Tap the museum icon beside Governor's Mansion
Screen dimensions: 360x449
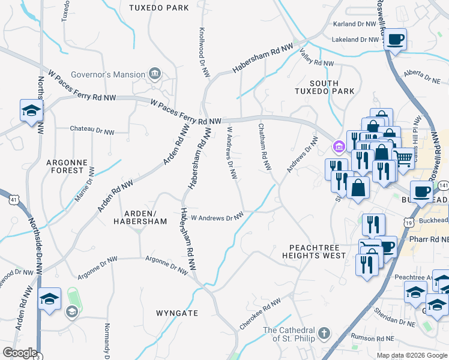155,74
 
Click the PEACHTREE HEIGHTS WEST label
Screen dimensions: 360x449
317,251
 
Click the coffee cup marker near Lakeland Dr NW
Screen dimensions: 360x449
395,40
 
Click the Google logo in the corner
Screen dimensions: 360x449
20,353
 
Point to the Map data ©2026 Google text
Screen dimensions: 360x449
411,355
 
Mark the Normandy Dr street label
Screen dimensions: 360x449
107,338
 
